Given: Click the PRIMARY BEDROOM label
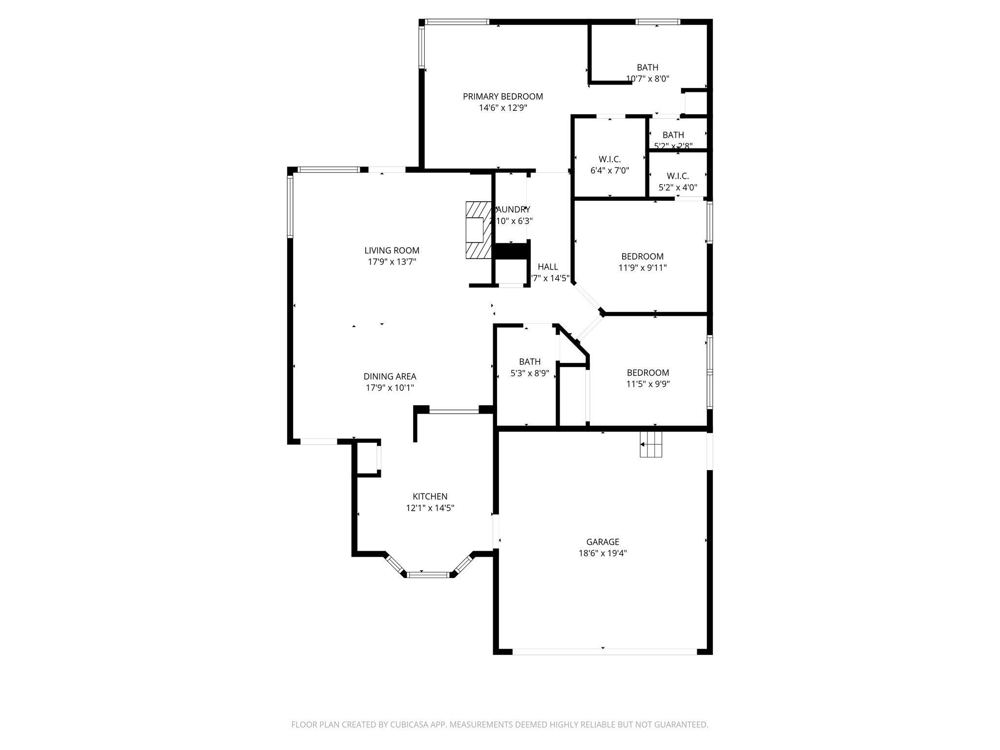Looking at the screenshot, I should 502,97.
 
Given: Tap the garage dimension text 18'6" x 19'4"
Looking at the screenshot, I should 603,553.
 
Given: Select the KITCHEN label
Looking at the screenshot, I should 430,497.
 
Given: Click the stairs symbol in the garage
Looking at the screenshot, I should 651,445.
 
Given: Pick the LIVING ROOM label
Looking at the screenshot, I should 392,250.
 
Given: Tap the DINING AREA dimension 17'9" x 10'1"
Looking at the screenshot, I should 390,388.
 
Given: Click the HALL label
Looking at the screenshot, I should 548,267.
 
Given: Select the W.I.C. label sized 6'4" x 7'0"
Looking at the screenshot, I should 609,159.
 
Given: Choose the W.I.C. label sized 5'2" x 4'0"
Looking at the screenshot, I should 678,176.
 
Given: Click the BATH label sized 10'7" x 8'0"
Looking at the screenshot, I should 647,67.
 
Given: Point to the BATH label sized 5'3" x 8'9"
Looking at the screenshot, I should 530,362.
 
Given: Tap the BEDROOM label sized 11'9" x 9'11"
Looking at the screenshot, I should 642,256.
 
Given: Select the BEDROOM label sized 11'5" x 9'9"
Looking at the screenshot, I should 647,373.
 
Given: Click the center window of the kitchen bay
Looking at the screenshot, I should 428,575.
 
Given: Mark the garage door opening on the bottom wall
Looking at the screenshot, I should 604,651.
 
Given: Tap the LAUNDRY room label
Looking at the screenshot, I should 513,210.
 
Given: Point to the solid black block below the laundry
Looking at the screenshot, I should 511,251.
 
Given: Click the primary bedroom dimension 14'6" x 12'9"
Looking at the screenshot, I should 502,108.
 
